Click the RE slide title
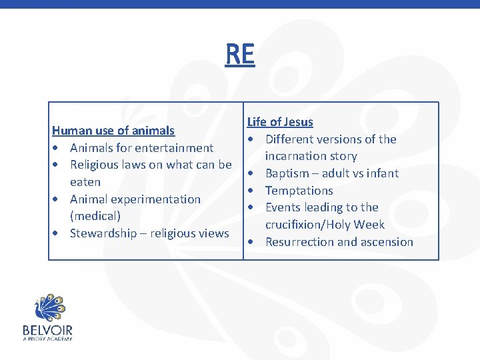coord(240,54)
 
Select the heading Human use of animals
coord(113,131)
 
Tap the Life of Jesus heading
coord(280,122)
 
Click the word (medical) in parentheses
coord(95,216)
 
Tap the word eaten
coord(85,182)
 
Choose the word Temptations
coord(299,191)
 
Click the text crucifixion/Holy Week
coord(325,225)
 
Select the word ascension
coord(387,242)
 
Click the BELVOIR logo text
coord(47,330)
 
